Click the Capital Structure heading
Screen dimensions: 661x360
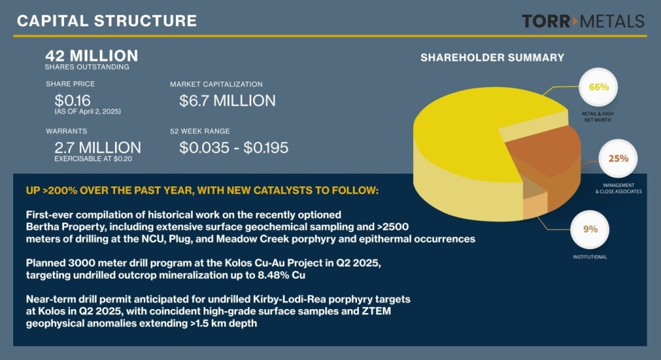pos(106,21)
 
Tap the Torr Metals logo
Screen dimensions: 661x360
pos(583,21)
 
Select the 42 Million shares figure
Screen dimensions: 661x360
pos(91,55)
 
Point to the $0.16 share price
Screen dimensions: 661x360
pos(73,100)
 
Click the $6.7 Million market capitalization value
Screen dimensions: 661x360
pos(227,100)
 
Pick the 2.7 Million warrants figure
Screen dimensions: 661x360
pos(98,147)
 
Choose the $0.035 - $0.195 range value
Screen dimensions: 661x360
pos(233,147)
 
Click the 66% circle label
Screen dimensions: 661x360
pos(599,87)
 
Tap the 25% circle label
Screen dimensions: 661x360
pos(618,159)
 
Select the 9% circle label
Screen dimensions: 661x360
pos(590,229)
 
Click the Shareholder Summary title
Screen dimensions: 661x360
pos(492,57)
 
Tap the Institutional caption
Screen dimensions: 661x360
pos(590,257)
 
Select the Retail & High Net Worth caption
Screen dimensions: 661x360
pos(598,117)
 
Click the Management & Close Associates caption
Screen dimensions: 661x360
pos(619,188)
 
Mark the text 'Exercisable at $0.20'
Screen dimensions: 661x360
pos(93,159)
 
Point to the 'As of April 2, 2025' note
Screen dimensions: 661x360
pos(88,112)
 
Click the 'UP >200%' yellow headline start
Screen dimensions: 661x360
pos(52,190)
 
